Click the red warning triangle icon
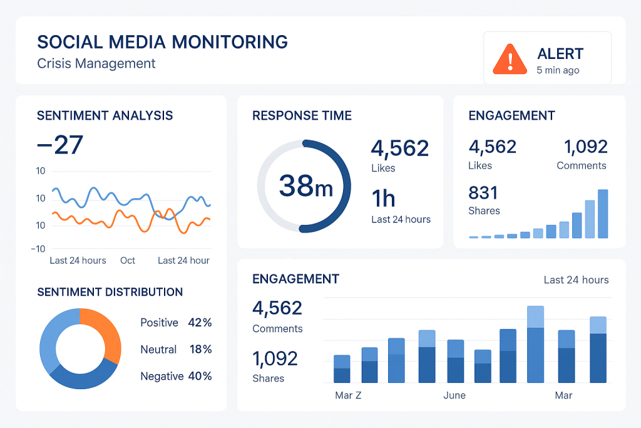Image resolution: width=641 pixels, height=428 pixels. (510, 60)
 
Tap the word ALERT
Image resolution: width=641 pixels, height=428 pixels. (560, 54)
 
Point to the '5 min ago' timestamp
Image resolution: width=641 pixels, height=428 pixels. (558, 70)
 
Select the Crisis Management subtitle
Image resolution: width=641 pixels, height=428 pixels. (96, 63)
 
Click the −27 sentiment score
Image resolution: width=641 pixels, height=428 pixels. (60, 145)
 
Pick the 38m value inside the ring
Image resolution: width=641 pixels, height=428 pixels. (305, 186)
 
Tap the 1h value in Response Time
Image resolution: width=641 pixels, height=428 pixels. (383, 199)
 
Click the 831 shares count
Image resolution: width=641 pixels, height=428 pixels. (483, 192)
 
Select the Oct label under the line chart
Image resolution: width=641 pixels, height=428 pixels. (128, 260)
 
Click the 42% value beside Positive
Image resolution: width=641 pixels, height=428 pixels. (200, 323)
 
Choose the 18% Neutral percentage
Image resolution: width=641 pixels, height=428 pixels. (200, 350)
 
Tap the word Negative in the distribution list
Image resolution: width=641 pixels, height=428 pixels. (162, 376)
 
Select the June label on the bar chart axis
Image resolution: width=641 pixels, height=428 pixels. (454, 395)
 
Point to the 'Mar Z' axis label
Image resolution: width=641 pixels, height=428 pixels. (348, 395)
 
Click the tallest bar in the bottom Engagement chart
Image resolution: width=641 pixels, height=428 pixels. (535, 345)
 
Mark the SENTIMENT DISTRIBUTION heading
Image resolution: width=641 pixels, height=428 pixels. (110, 292)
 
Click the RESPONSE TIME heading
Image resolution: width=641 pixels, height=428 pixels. (302, 115)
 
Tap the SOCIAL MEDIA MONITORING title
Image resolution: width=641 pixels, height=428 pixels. (162, 42)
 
